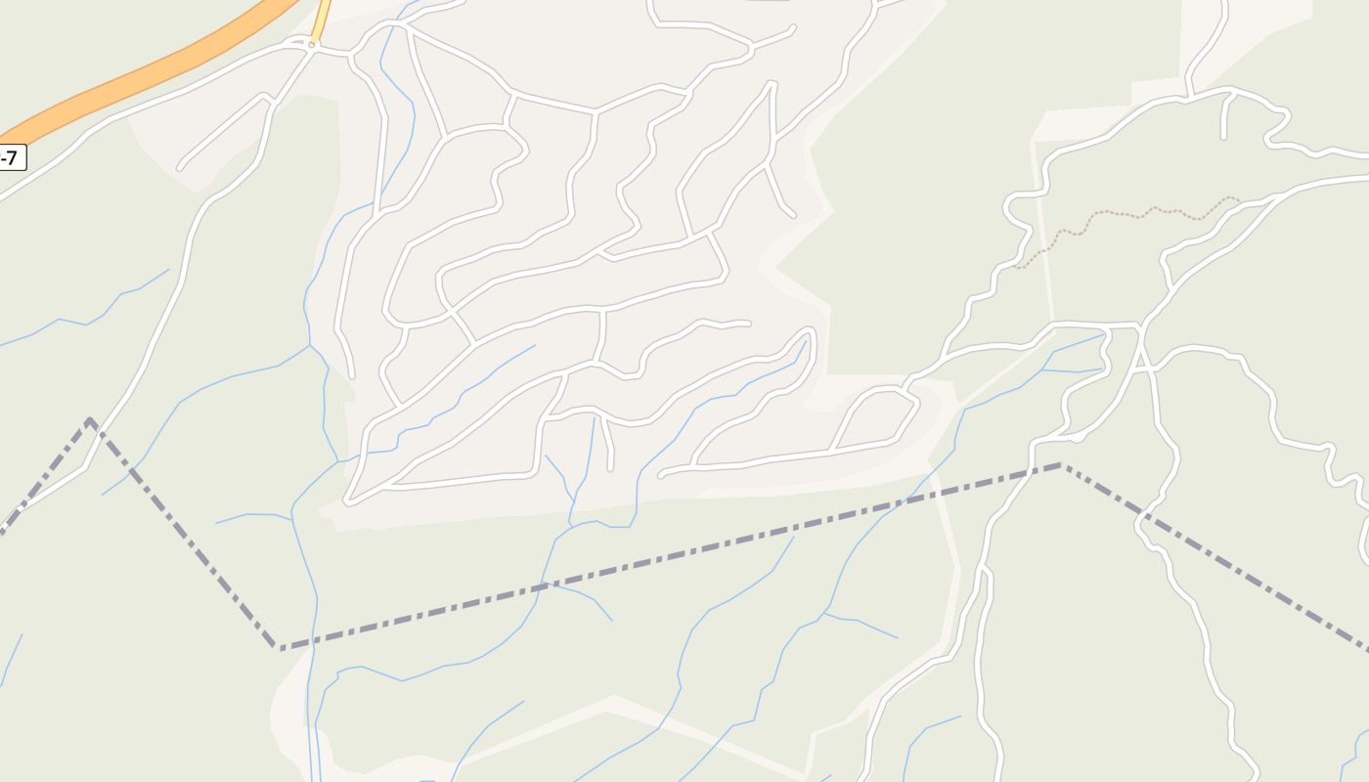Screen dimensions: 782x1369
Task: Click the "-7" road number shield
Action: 11,157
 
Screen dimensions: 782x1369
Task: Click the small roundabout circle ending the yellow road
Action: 313,44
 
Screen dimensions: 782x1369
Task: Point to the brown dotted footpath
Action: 1125,213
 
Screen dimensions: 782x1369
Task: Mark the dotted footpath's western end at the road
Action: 1017,267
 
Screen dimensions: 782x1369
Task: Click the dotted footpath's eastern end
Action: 1239,198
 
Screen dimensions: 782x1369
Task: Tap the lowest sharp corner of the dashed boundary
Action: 280,647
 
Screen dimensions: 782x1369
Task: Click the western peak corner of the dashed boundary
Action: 89,420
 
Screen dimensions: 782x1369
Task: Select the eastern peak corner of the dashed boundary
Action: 1060,465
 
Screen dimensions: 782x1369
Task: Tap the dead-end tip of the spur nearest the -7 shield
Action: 180,167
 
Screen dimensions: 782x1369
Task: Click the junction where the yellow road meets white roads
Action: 313,46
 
